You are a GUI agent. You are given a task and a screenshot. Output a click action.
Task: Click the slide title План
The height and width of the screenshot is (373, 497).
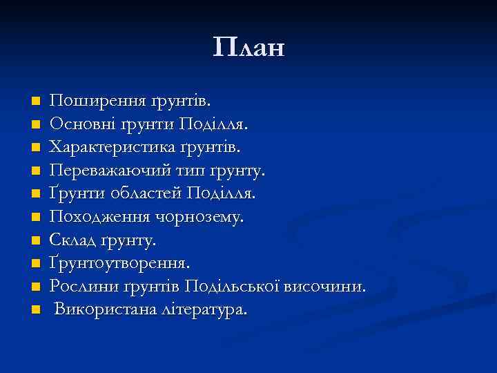pos(248,48)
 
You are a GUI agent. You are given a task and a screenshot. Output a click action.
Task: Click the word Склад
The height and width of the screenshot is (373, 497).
pos(70,240)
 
